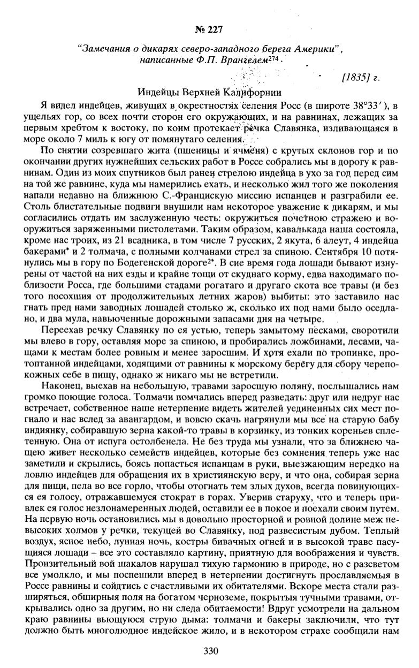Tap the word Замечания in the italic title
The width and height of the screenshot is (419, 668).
coord(104,49)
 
